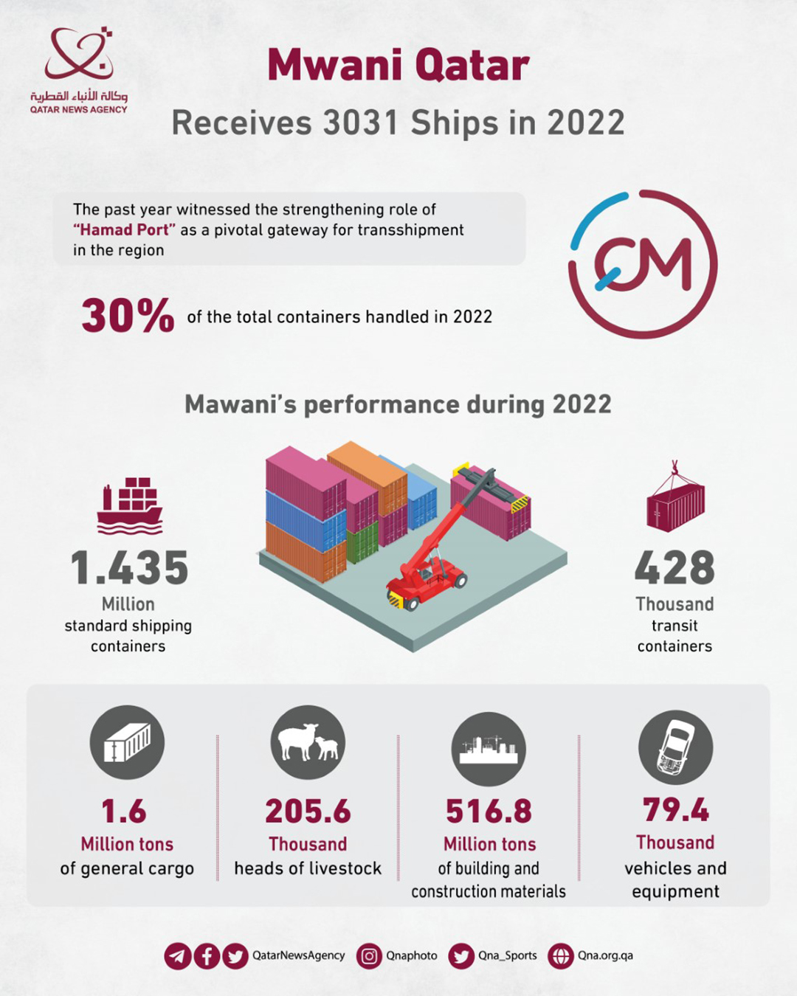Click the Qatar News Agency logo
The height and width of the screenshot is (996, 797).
point(78,70)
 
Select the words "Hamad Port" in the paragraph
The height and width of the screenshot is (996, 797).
point(124,230)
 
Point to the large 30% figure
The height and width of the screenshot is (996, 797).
point(128,316)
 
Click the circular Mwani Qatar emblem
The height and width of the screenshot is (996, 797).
point(643,264)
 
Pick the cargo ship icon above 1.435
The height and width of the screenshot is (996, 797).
point(129,505)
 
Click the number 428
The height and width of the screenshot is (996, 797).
point(674,568)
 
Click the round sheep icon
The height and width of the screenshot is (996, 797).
point(308,742)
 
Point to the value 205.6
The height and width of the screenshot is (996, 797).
point(308,812)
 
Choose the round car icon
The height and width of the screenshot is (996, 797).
point(675,747)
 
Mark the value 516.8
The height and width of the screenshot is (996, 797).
point(489,812)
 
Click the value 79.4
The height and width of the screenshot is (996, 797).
point(675,810)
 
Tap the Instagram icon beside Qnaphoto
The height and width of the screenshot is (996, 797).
point(369,956)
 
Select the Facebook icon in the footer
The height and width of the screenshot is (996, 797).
point(207,956)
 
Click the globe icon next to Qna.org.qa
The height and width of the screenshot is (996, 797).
point(561,956)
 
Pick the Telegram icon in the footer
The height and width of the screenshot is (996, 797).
point(178,956)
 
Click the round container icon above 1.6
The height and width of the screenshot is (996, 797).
point(127,742)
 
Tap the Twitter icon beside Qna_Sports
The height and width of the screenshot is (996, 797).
point(461,956)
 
